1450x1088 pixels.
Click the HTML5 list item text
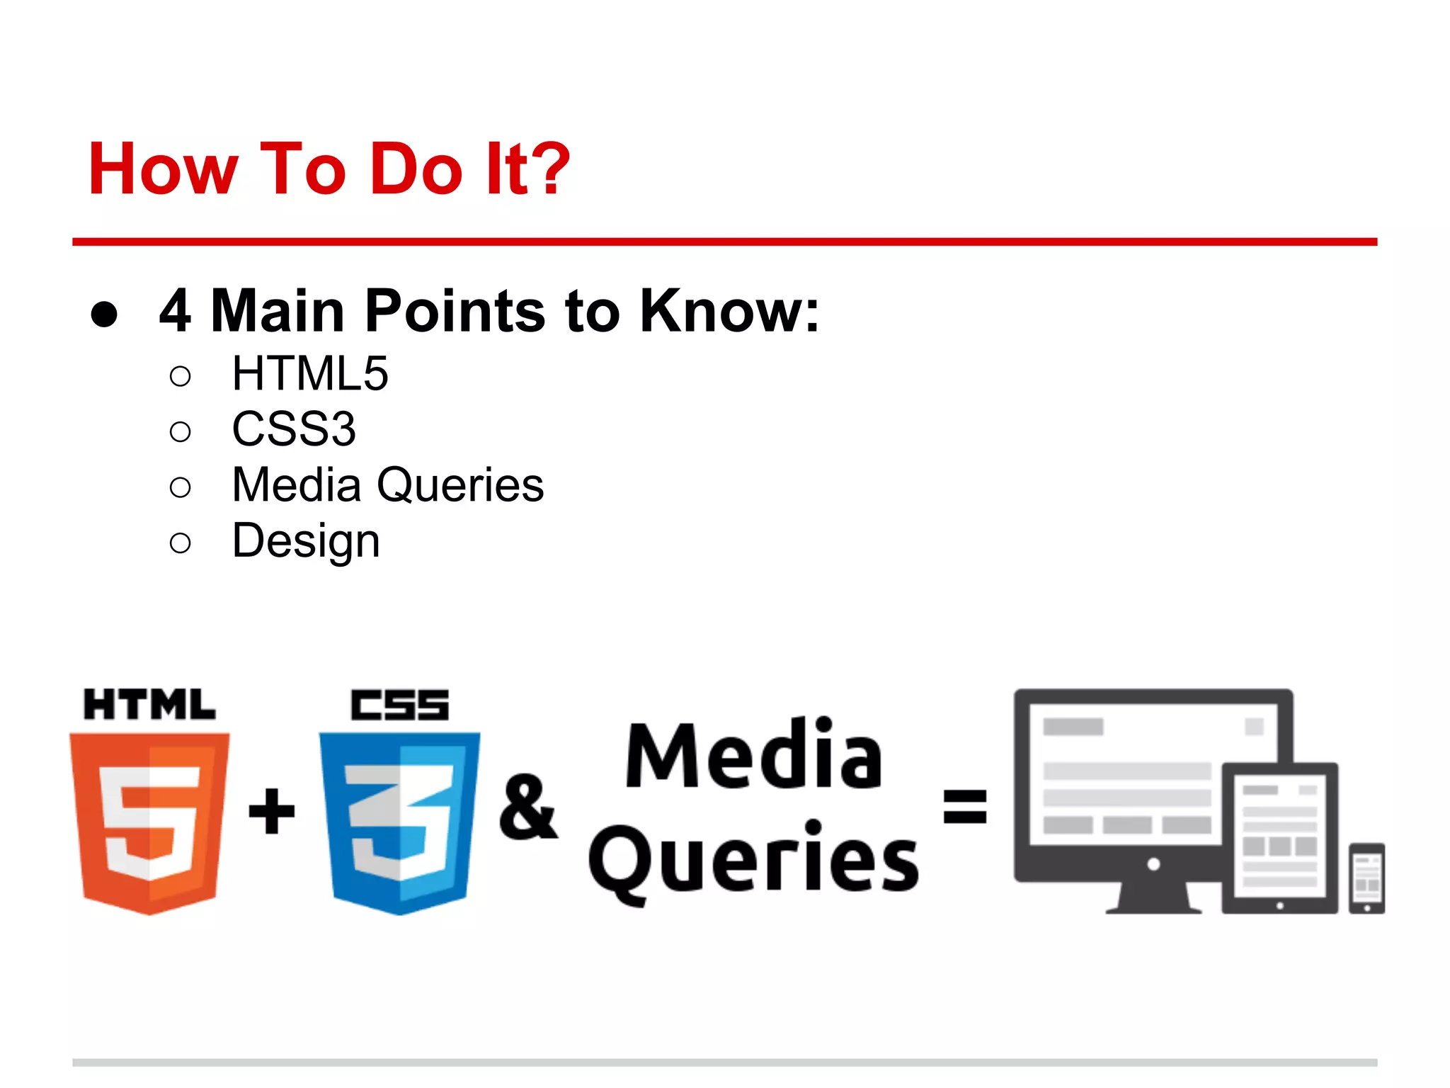tap(310, 373)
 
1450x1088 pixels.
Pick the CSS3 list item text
tap(294, 429)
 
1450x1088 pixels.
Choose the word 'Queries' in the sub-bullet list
tap(460, 485)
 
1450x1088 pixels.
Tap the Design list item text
tap(306, 542)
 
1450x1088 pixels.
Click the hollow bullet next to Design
tap(181, 543)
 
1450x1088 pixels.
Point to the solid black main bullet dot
tap(104, 314)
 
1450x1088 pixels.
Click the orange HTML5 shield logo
tap(149, 822)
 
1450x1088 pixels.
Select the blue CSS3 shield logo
tap(400, 822)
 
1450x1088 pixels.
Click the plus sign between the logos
tap(272, 810)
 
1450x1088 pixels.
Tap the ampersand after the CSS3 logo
tap(527, 807)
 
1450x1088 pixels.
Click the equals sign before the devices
tap(965, 807)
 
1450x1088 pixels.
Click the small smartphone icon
tap(1366, 878)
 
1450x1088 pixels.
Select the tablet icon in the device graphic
tap(1280, 838)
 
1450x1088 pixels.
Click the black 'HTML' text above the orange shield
tap(149, 705)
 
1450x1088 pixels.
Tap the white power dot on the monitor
tap(1153, 863)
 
